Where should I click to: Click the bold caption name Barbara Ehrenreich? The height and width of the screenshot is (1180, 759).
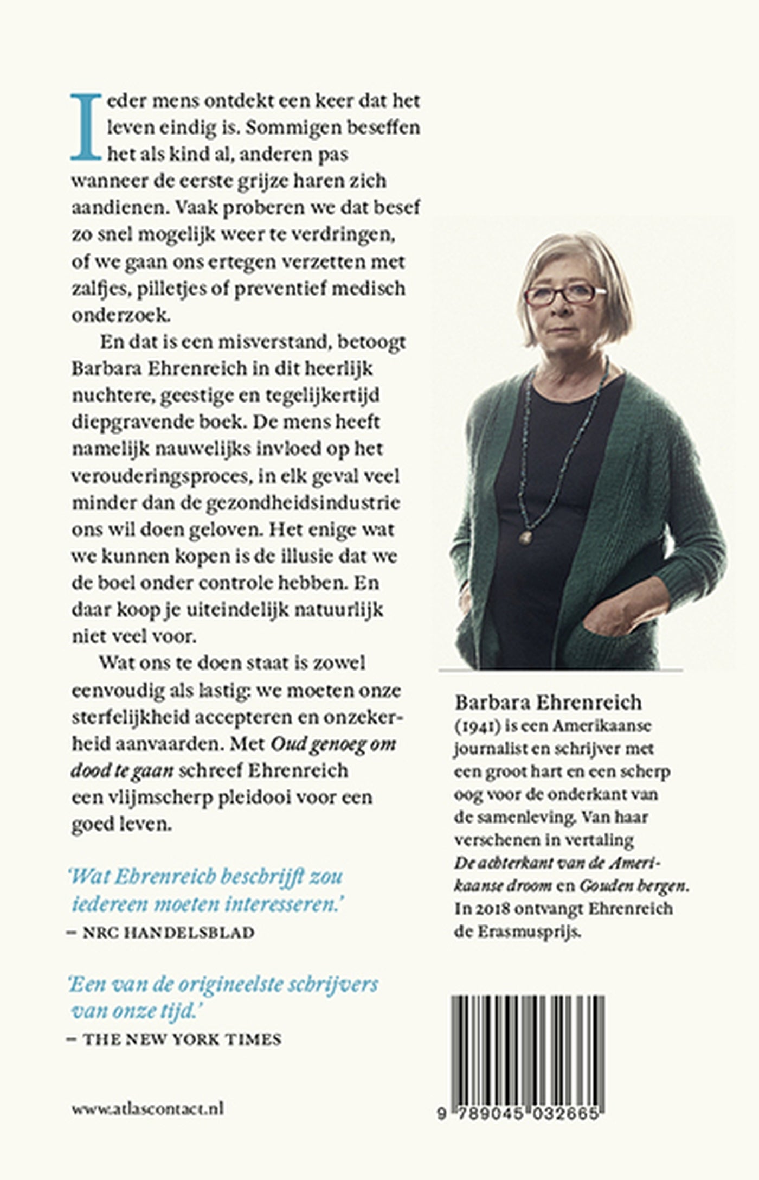(x=548, y=701)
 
